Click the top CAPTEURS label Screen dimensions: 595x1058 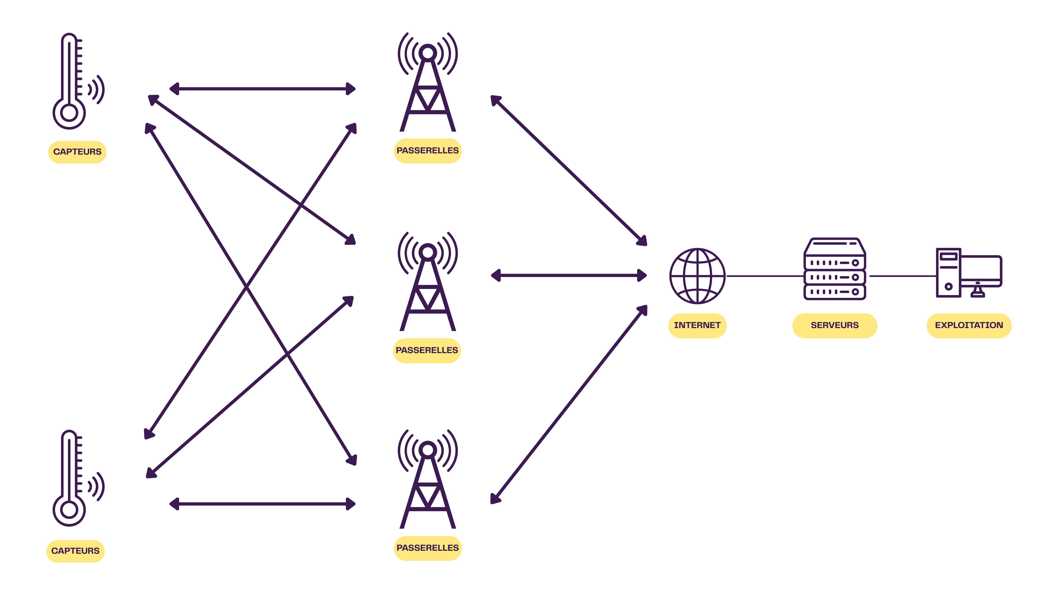tap(77, 152)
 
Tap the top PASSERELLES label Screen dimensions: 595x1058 tap(428, 151)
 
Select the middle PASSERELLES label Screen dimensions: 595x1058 tap(427, 350)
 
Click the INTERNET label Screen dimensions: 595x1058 tap(697, 325)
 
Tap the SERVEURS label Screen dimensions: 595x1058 tap(835, 325)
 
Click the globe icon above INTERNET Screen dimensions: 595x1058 tap(697, 276)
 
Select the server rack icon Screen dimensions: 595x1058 tap(835, 269)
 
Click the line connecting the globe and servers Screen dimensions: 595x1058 tap(765, 276)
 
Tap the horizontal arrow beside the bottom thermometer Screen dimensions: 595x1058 tap(263, 504)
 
